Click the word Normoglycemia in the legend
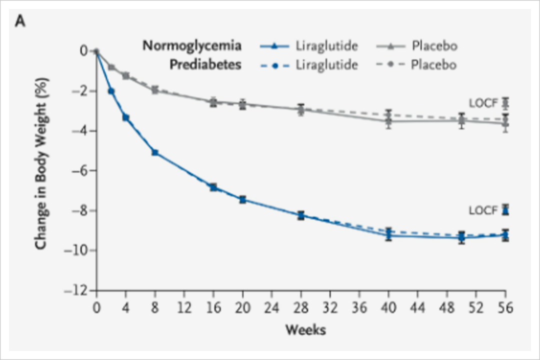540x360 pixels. [192, 46]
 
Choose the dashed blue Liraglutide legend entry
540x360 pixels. [309, 65]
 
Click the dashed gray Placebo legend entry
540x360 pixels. [416, 65]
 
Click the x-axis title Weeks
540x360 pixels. [305, 329]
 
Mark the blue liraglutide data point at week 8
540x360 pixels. [155, 152]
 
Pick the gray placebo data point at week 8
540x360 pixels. [155, 90]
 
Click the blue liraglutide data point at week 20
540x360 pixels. [242, 199]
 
